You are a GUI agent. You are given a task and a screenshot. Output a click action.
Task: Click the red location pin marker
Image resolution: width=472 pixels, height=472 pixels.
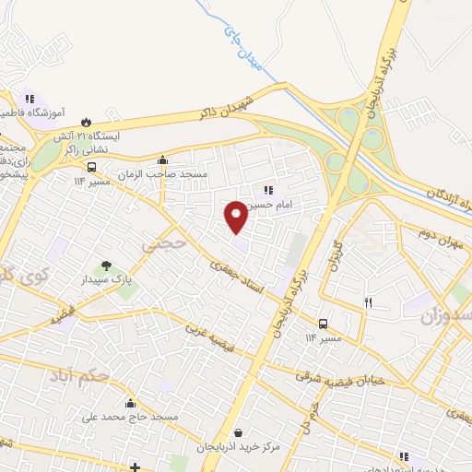(237, 216)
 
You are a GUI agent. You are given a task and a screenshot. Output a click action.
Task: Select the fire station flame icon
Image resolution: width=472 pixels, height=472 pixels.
(86, 120)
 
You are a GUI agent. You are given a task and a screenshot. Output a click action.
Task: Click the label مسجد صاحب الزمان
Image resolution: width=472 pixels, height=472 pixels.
(163, 174)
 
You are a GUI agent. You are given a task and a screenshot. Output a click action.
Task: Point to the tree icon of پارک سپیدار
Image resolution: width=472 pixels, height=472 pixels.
(107, 265)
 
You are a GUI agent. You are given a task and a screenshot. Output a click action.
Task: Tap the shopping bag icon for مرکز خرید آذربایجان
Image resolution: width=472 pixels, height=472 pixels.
(239, 432)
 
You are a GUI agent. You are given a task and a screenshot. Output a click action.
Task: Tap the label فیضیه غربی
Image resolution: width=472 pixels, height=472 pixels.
(216, 339)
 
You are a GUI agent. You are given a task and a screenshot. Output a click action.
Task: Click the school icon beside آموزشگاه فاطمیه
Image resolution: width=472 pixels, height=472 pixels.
(29, 99)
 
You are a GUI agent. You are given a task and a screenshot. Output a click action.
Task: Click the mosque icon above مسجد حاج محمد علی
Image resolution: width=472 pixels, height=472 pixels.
(130, 404)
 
